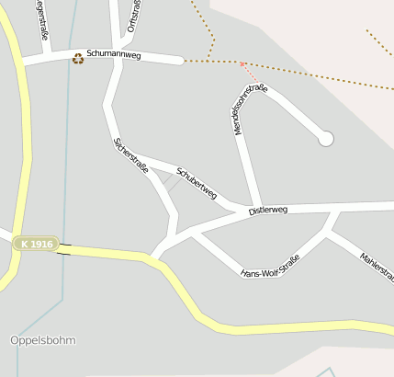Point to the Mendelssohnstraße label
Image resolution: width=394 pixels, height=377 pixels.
tap(251, 109)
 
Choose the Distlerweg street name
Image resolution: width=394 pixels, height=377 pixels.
tap(267, 211)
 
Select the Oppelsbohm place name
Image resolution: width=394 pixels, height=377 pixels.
tap(43, 340)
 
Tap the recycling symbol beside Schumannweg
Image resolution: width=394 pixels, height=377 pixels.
tap(78, 57)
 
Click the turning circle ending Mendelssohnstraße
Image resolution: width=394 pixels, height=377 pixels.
tap(325, 139)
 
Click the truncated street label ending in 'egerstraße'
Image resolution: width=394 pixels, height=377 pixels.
tap(42, 20)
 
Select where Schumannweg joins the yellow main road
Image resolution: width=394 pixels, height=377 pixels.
tap(22, 63)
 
